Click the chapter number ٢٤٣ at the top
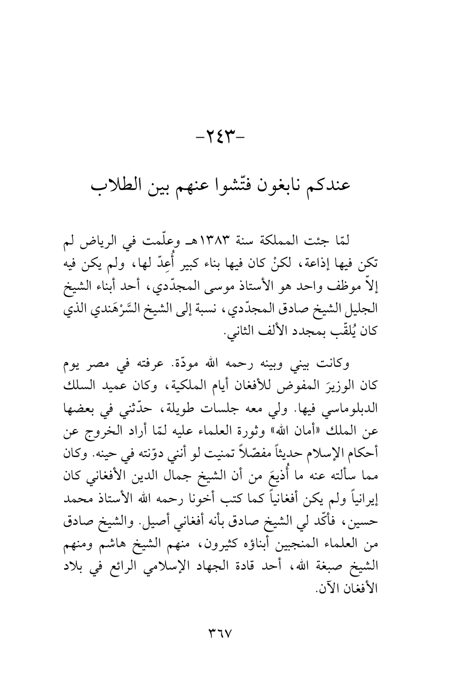(228, 142)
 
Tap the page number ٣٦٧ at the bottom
(228, 633)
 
